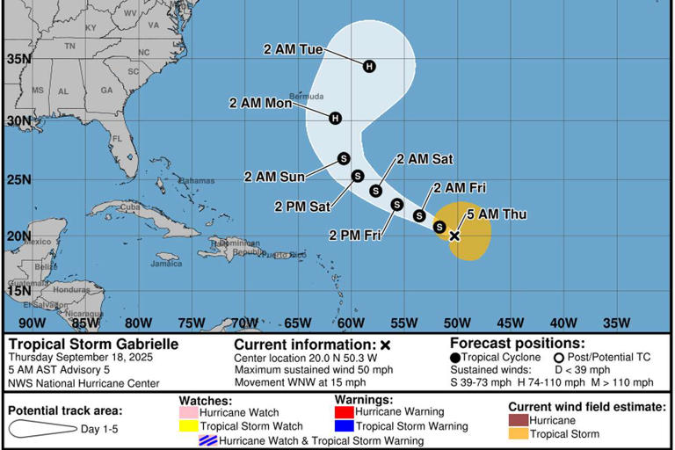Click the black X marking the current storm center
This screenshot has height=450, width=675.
454,236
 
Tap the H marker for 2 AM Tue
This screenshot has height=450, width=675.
369,66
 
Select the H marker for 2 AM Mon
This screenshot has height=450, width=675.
335,118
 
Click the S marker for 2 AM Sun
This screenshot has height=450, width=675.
344,158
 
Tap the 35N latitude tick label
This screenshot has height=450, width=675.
18,59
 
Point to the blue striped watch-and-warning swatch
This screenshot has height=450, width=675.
207,440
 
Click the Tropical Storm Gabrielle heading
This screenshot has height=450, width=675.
93,345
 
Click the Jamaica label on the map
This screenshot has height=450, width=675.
166,263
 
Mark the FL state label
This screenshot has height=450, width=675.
117,139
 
